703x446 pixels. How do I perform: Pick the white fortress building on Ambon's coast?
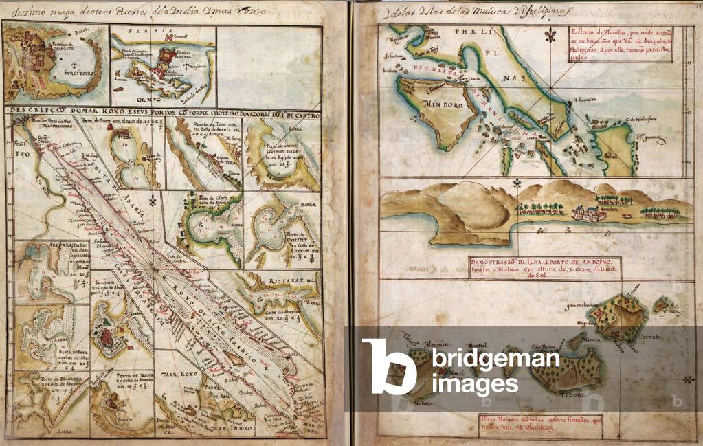tap(588, 214)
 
